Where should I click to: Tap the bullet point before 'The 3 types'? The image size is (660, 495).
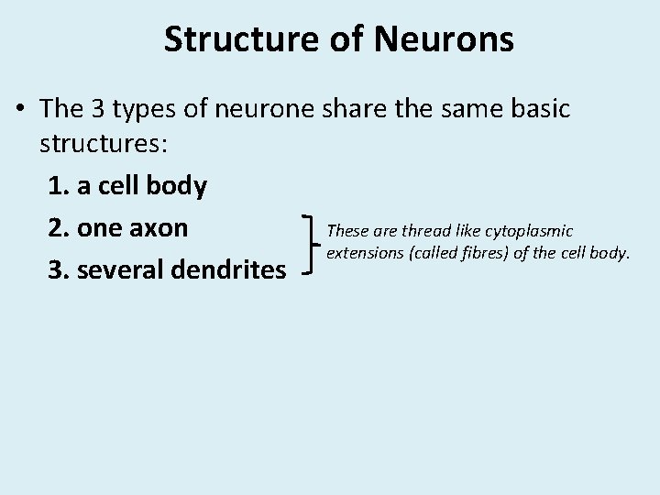coord(20,110)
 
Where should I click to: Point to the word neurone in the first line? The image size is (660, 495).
coord(265,109)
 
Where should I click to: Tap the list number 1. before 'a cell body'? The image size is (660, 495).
coord(58,186)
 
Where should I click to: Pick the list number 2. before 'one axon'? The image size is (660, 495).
coord(60,226)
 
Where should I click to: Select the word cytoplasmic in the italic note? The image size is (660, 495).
coord(531,231)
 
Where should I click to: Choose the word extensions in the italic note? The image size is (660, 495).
coord(360,252)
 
